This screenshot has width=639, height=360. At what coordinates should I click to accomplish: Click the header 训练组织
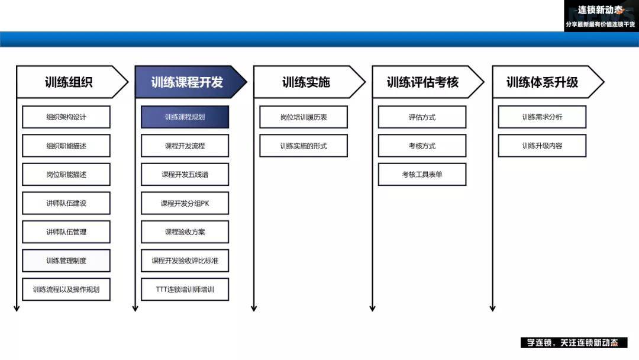coord(69,82)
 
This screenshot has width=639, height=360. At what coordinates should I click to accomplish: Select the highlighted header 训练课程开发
coord(188,82)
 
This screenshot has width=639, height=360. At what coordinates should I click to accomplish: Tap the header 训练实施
coord(306,82)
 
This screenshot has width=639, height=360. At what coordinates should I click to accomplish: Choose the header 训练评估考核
coord(424,82)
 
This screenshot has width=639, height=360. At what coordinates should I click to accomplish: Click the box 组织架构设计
coord(66,117)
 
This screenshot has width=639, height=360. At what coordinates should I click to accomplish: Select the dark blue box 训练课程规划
coord(185,117)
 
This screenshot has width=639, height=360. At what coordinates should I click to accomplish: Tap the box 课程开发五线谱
coord(185,175)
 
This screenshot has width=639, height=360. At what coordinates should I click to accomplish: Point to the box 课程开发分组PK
coord(185,203)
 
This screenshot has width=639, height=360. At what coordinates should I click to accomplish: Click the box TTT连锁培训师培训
coord(185,290)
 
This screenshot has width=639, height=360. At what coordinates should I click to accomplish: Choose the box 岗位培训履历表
coord(304,117)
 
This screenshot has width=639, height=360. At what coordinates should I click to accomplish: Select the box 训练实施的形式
coord(304,146)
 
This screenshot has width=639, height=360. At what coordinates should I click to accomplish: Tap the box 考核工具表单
coord(422,175)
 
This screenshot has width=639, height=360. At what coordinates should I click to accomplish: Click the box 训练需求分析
coord(542,117)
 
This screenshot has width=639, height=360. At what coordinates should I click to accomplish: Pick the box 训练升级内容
coord(542,146)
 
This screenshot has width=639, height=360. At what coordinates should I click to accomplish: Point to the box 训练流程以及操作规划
coord(66,290)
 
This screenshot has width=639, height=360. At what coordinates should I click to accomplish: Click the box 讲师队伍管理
coord(66,232)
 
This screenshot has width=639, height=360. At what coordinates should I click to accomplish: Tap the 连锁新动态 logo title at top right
coord(601,10)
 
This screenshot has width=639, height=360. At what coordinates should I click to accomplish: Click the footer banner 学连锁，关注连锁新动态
coord(574,342)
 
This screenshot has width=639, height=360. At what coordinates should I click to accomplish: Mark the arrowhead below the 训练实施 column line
coord(254,308)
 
